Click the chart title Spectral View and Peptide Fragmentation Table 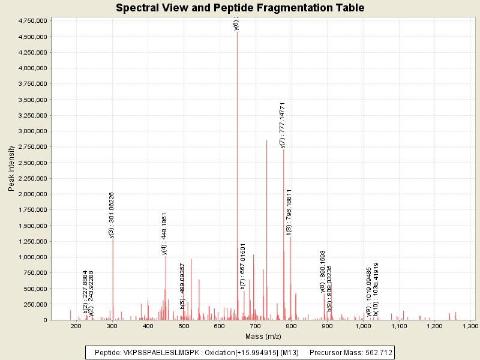pos(240,8)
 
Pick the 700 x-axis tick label pos(255,326)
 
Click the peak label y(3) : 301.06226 pos(112,215)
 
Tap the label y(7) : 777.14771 pos(283,125)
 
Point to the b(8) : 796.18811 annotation pos(289,212)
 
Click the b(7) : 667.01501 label pos(243,266)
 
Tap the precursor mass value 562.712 pos(379,352)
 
